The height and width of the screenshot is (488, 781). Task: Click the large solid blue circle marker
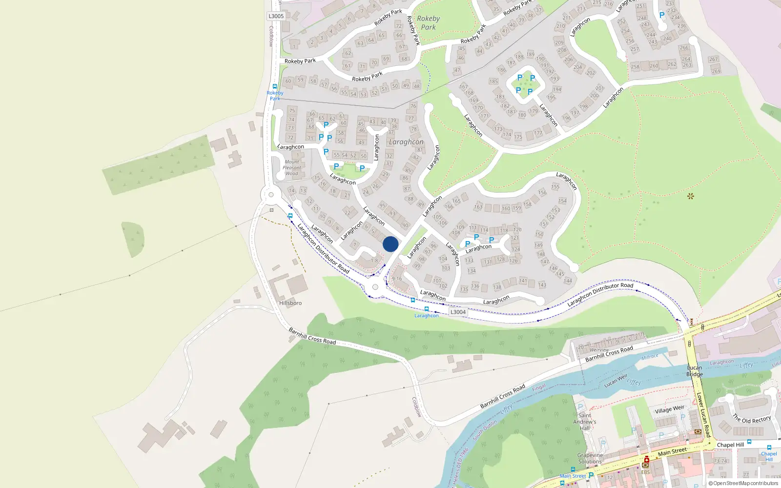pos(390,244)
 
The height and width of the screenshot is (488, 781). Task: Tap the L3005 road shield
pos(276,16)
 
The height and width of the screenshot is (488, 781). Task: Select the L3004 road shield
pos(458,312)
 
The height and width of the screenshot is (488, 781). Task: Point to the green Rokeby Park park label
pos(428,23)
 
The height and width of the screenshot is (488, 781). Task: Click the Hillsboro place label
pos(290,303)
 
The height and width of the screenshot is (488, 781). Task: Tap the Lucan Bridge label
pos(695,371)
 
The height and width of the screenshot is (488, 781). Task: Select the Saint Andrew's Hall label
pos(585,422)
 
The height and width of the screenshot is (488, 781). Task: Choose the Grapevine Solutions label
pos(590,458)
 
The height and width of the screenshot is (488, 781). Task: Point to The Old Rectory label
pos(752,419)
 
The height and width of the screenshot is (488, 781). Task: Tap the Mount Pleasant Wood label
pos(292,167)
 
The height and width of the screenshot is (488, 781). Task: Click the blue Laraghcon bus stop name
pos(427,316)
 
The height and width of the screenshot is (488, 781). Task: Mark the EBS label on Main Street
pos(645,472)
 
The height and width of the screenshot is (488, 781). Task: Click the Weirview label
pos(599,350)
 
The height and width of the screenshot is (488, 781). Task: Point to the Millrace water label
pos(650,357)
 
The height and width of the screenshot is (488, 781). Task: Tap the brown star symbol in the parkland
pos(690,196)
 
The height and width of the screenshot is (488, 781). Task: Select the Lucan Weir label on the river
pos(616,381)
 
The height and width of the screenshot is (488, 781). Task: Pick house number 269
pos(716,71)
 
